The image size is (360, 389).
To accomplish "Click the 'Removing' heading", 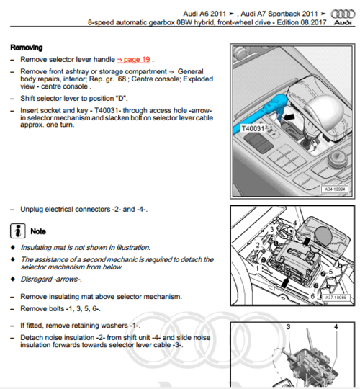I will coord(27,47).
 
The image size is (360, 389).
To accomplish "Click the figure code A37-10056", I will coord(333,296).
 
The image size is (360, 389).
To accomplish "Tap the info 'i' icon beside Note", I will coord(18,231).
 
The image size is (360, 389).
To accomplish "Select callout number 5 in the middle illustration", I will coord(330,272).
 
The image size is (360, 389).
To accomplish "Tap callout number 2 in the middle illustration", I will coord(257,246).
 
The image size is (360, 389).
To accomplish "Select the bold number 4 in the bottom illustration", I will coord(335,327).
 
